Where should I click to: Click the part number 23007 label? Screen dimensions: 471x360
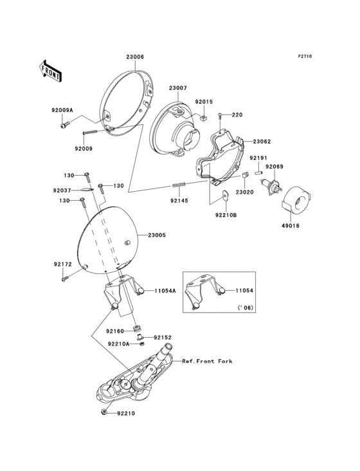click(177, 88)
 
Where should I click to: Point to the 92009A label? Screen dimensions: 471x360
click(62, 111)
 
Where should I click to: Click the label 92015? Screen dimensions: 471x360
click(203, 101)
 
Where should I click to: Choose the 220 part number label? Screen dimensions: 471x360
click(237, 115)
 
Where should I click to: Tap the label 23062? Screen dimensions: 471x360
click(262, 141)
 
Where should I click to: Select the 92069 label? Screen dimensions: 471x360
click(274, 167)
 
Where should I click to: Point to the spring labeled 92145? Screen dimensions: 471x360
click(179, 187)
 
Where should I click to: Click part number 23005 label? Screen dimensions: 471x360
click(157, 235)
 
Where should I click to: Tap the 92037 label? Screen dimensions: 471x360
click(62, 190)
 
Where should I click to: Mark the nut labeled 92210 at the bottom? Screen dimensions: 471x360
click(104, 411)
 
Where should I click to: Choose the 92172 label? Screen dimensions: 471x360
click(62, 264)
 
